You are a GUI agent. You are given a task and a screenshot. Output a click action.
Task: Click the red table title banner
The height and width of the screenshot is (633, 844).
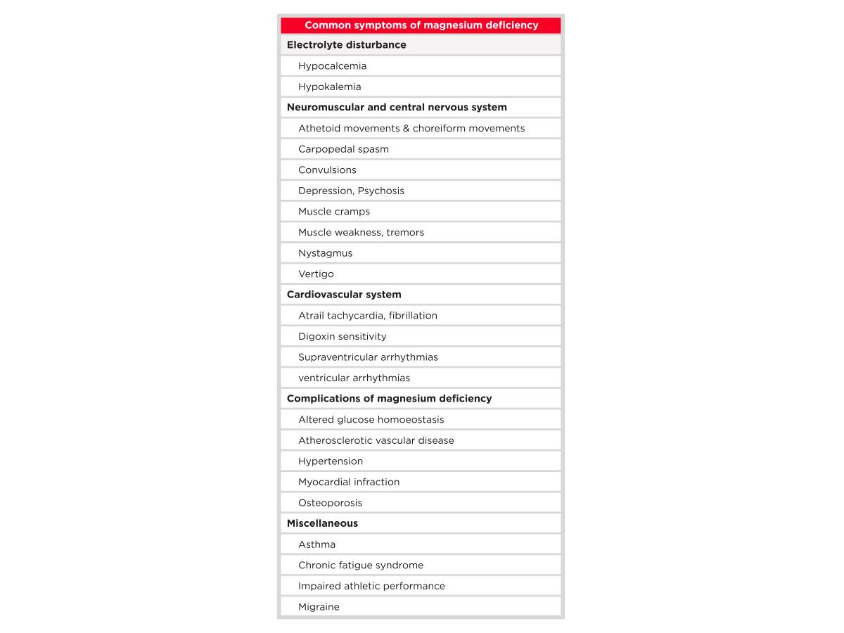click(x=421, y=25)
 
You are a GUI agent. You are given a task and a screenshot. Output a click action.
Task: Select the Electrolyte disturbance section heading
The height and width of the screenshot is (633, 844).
click(x=346, y=45)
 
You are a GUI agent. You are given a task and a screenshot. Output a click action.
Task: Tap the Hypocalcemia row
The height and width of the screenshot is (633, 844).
click(x=332, y=66)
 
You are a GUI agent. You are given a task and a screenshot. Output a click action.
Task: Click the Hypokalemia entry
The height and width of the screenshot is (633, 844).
click(x=329, y=87)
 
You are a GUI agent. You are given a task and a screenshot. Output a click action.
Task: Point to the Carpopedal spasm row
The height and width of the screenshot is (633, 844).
click(x=343, y=149)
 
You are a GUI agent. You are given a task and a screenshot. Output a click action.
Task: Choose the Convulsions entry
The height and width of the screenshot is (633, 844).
click(x=327, y=170)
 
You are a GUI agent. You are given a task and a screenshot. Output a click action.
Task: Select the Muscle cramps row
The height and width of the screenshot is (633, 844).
click(x=333, y=212)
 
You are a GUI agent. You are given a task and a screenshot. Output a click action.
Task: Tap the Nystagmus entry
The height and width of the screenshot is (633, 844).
click(x=325, y=253)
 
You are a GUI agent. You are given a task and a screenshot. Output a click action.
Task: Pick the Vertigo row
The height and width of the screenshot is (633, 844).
click(x=316, y=274)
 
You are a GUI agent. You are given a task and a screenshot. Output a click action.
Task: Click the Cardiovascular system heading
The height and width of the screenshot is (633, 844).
click(x=344, y=295)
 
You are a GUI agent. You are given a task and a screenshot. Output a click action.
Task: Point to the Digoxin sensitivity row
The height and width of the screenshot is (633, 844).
click(x=342, y=336)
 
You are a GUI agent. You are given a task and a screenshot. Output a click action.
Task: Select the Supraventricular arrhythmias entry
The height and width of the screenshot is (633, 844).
click(x=368, y=357)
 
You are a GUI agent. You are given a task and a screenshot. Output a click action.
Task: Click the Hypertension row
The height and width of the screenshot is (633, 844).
click(x=331, y=461)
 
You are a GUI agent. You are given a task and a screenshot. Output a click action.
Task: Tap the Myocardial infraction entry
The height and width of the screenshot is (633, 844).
click(x=349, y=482)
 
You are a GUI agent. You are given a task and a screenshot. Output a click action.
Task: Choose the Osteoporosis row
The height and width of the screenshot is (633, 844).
click(x=330, y=503)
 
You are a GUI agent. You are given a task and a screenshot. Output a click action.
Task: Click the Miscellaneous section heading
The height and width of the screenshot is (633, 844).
click(x=322, y=523)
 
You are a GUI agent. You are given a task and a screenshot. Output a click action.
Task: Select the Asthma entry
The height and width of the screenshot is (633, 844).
click(x=316, y=544)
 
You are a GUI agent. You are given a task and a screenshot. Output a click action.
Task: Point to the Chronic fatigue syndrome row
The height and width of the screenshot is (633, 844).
click(x=361, y=565)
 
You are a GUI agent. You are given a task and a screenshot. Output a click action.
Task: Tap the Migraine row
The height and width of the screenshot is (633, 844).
click(x=319, y=607)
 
